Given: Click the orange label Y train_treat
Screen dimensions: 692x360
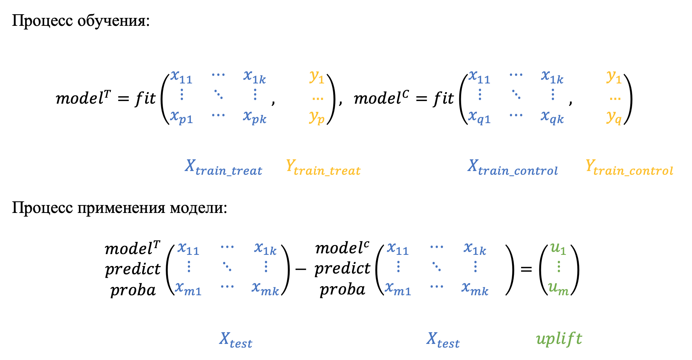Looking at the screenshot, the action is (323, 167).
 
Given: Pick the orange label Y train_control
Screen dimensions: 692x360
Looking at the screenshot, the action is (629, 167).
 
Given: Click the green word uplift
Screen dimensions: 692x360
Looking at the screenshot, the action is (559, 339).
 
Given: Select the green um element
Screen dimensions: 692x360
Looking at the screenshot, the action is (558, 289).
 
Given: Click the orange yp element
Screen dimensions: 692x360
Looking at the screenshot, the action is (317, 117).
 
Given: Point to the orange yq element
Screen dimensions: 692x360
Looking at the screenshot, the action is (614, 117).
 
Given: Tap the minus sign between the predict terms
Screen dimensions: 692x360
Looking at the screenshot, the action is (301, 269).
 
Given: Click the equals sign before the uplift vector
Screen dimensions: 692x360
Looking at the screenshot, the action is (526, 269).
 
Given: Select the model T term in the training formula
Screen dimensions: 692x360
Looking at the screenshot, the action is (83, 98).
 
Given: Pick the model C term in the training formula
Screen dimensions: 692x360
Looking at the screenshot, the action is (381, 98).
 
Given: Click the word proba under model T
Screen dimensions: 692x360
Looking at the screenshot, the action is (133, 290).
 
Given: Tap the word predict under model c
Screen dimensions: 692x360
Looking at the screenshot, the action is (342, 269).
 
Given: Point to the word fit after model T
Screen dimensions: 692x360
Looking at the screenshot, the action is (145, 98).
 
